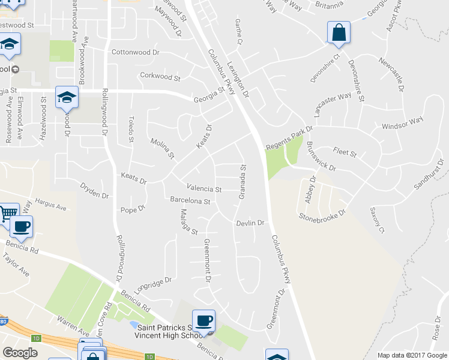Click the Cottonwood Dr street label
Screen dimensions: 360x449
[135, 52]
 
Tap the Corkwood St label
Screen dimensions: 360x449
[160, 77]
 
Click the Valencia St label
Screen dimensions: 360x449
[204, 189]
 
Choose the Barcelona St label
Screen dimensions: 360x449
[190, 201]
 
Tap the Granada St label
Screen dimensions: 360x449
[243, 181]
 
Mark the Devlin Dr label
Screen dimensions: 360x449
[250, 223]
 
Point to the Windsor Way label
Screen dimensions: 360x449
[403, 123]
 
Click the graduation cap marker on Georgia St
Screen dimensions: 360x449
[67, 96]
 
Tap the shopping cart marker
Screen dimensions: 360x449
[8, 213]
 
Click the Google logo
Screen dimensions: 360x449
[20, 352]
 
